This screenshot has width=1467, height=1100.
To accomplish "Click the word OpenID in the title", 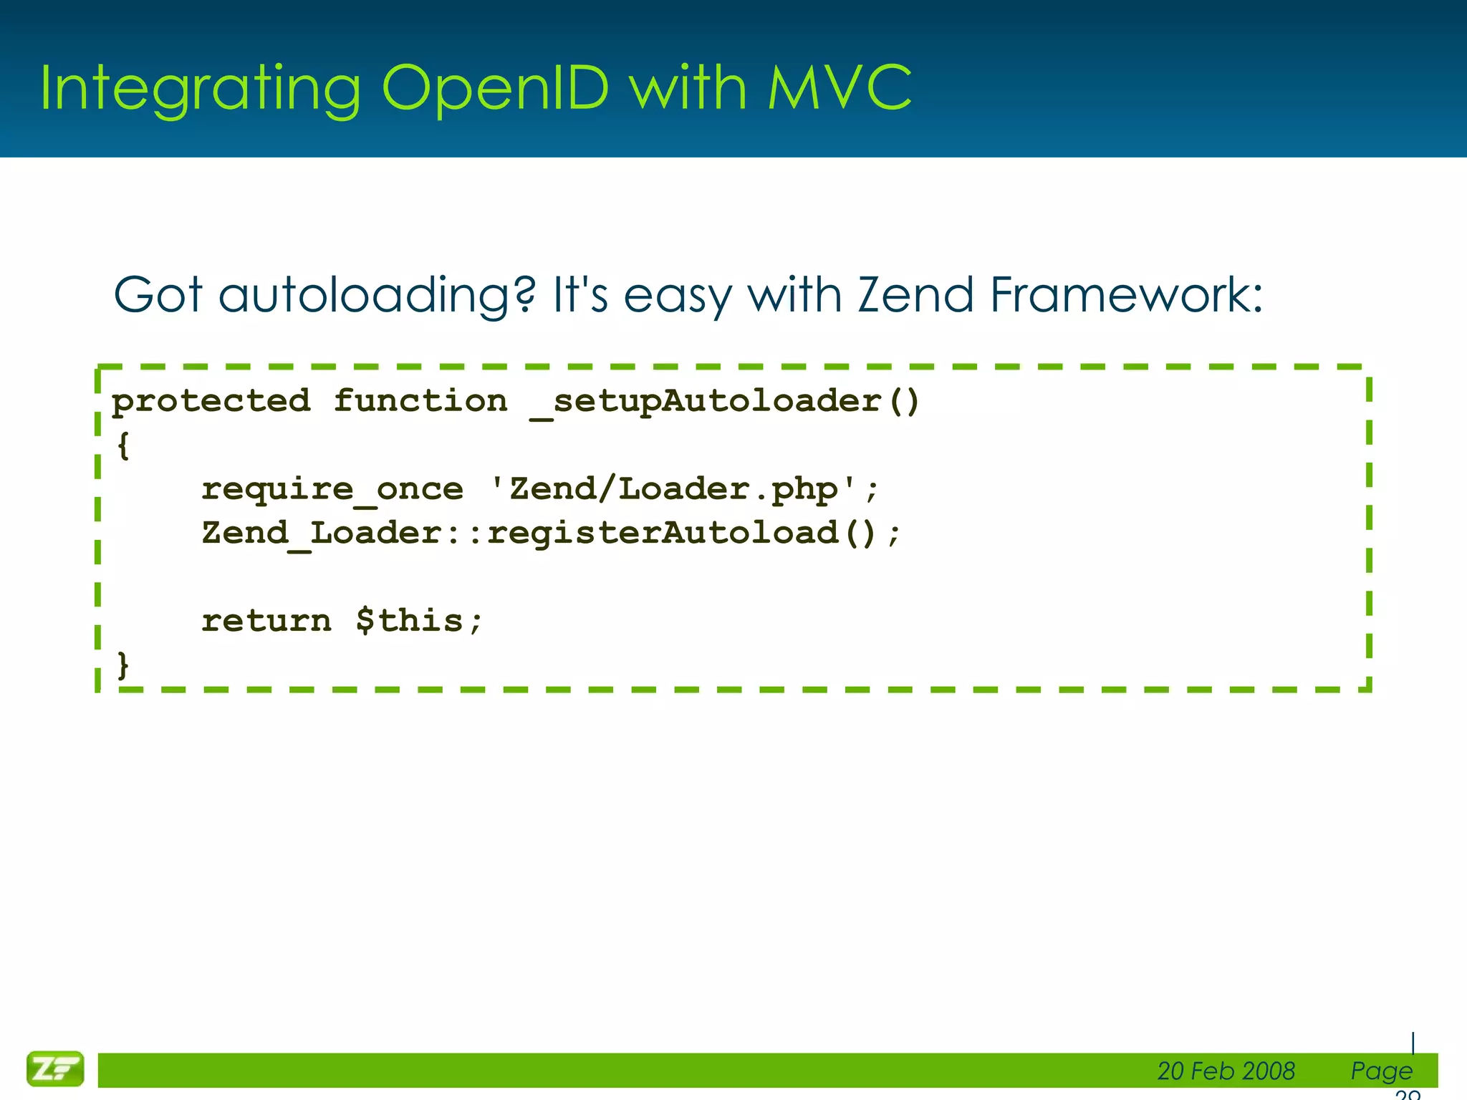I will pos(494,89).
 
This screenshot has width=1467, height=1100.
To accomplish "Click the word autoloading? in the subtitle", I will pos(377,296).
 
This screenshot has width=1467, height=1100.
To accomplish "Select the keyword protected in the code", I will pos(211,401).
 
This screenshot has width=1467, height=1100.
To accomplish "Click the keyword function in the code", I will pos(420,401).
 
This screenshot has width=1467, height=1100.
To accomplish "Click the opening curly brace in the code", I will pos(123,445).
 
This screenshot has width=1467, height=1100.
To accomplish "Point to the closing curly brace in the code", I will pos(123,665).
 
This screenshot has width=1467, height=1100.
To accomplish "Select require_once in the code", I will pos(332,490).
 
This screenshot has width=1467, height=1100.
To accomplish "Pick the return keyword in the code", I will pos(266,621).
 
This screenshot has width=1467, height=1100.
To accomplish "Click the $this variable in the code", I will pos(410,621).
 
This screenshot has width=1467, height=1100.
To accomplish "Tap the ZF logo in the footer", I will pos(55,1069).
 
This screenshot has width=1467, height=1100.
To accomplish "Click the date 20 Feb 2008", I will pos(1226,1071).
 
